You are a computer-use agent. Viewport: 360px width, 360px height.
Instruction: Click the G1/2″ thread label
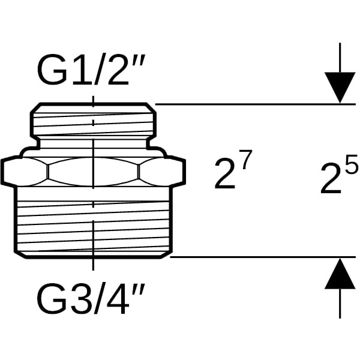point(94,72)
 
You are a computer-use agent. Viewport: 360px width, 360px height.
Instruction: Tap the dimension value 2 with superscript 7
point(230,174)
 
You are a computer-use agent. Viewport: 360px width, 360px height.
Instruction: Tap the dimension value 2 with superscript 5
point(335,178)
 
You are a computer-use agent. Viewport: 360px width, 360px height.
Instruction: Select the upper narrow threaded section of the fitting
point(94,124)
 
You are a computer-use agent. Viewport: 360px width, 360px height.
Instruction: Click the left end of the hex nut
point(12,172)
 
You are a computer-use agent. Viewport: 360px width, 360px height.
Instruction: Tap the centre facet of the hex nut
point(94,172)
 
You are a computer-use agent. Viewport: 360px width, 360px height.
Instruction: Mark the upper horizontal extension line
point(252,104)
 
